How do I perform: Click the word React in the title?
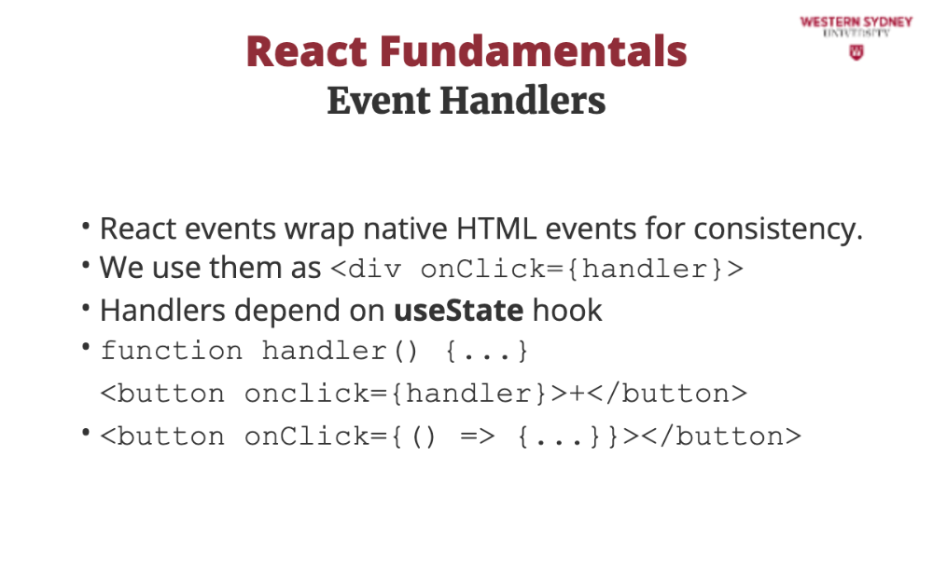[x=307, y=51]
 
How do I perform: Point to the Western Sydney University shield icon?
[x=856, y=52]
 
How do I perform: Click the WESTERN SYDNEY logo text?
[x=856, y=22]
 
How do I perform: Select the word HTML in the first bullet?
[x=496, y=229]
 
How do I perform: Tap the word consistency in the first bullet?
[x=778, y=230]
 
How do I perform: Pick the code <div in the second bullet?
[x=366, y=269]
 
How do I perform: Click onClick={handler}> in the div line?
[x=582, y=269]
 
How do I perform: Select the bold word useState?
[x=459, y=310]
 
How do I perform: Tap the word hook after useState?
[x=567, y=310]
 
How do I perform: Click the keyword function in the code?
[x=172, y=351]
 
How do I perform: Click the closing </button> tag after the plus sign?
[x=666, y=394]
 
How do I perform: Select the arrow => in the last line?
[x=477, y=436]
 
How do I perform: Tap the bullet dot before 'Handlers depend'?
[x=86, y=308]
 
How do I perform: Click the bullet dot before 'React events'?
[x=86, y=226]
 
